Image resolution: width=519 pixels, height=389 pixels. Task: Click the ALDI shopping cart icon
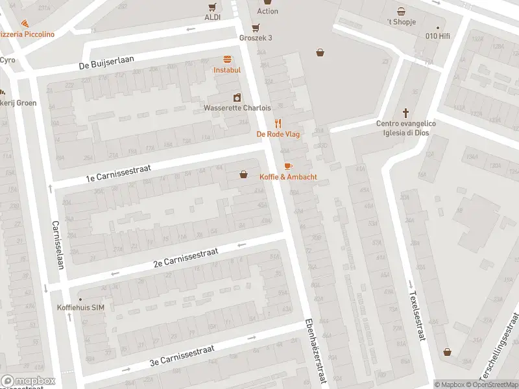(x=212, y=7)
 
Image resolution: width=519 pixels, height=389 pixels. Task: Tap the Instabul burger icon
(x=227, y=59)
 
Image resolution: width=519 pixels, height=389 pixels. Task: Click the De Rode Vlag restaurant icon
(x=278, y=123)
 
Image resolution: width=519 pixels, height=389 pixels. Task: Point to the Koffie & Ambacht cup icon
(x=288, y=166)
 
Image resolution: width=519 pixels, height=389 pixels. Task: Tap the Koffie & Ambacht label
(x=288, y=177)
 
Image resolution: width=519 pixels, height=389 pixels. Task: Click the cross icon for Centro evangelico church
(x=406, y=112)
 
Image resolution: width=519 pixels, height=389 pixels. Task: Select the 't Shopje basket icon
(x=402, y=11)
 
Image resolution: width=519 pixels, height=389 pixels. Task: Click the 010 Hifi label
(x=437, y=36)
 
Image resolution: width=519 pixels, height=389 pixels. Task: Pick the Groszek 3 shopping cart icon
(x=256, y=27)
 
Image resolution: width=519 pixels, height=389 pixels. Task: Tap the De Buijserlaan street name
(x=106, y=63)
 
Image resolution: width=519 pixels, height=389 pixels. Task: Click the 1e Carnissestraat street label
(x=119, y=172)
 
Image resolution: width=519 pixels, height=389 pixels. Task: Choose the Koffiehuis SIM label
(x=80, y=307)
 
